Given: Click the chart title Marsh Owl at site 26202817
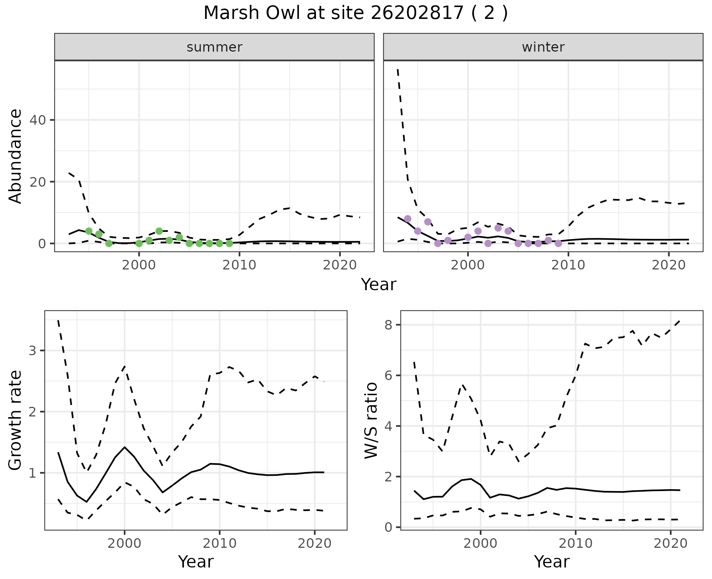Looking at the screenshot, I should [x=356, y=13].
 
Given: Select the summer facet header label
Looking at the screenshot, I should [x=214, y=47].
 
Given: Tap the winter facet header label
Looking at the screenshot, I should [x=543, y=47].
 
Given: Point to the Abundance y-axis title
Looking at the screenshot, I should [x=16, y=156].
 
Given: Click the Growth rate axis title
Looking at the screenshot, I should [x=16, y=421].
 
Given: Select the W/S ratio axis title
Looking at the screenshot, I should [x=371, y=421].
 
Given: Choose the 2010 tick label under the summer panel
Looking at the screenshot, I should [x=240, y=265].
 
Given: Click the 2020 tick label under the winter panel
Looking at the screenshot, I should [x=669, y=265].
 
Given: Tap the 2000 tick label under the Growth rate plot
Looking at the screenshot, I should [x=125, y=544].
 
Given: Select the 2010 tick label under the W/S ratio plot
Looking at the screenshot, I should [x=576, y=544].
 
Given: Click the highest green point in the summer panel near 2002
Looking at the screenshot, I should [x=159, y=231].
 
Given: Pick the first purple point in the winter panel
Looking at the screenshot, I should [x=408, y=219].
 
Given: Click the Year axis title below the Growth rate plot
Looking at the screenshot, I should [x=196, y=562].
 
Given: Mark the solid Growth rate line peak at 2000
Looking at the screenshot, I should [x=125, y=447].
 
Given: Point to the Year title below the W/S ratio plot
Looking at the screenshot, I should [x=551, y=562].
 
